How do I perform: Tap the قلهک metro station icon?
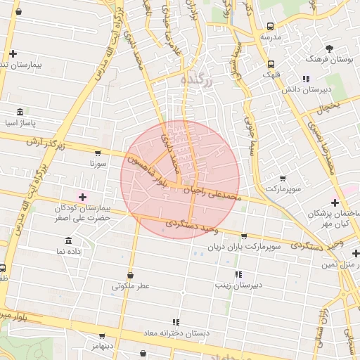coord(271,64)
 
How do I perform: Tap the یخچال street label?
coord(328,108)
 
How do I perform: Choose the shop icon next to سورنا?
coord(97,153)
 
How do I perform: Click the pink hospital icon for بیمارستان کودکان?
coord(83,197)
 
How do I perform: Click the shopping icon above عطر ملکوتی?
coord(130,275)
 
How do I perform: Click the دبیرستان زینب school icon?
coord(238,274)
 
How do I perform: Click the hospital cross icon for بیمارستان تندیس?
coord(13,53)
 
